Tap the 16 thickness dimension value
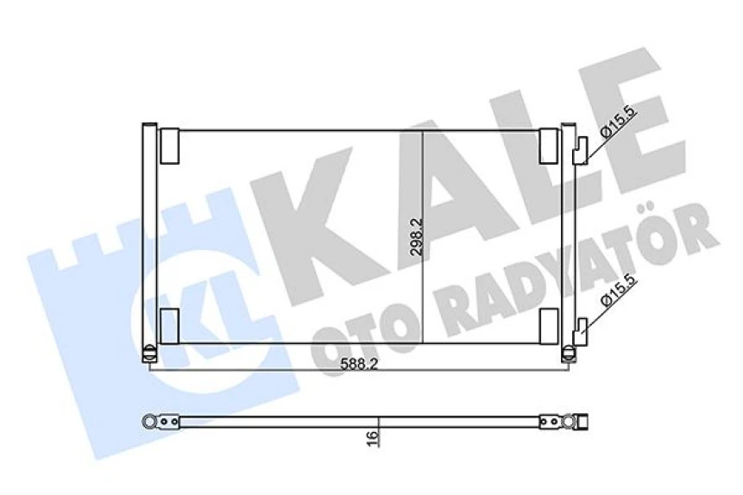[372, 438]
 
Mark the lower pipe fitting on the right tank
[584, 327]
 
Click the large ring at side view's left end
[152, 421]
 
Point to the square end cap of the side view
[582, 421]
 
